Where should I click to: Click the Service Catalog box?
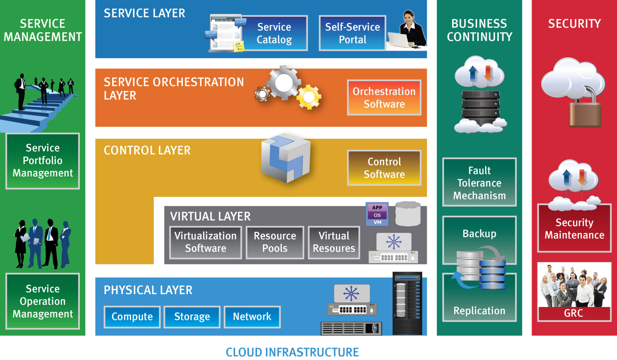pyautogui.click(x=274, y=33)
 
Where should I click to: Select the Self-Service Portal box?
pyautogui.click(x=352, y=33)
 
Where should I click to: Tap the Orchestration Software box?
pyautogui.click(x=384, y=98)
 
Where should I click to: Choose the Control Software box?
pyautogui.click(x=384, y=168)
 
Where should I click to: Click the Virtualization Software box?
pyautogui.click(x=205, y=242)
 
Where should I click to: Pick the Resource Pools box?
pyautogui.click(x=275, y=242)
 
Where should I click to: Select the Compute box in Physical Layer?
pyautogui.click(x=132, y=317)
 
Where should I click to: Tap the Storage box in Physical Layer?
pyautogui.click(x=192, y=317)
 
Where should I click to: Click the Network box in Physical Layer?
pyautogui.click(x=252, y=317)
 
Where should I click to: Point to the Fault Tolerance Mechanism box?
pyautogui.click(x=479, y=183)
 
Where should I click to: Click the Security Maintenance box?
pyautogui.click(x=574, y=229)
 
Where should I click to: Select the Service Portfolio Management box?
pyautogui.click(x=42, y=161)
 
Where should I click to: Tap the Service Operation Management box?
pyautogui.click(x=42, y=301)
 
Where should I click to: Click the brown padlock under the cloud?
pyautogui.click(x=585, y=114)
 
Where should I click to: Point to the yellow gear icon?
pyautogui.click(x=309, y=97)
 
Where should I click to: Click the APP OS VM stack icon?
pyautogui.click(x=377, y=214)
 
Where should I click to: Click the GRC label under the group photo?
pyautogui.click(x=574, y=313)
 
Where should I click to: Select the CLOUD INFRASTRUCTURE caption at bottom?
pyautogui.click(x=292, y=352)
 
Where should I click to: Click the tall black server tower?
pyautogui.click(x=407, y=304)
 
